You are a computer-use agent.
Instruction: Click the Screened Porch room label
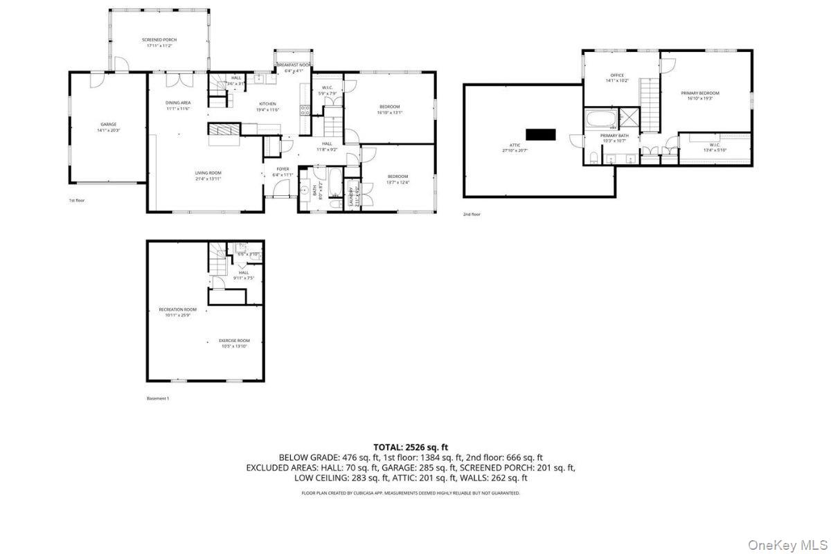159,40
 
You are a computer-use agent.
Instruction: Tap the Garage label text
108,125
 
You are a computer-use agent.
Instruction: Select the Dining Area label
178,102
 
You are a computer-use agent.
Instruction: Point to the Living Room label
208,173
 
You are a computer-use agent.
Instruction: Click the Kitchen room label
267,104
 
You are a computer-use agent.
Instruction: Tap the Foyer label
283,169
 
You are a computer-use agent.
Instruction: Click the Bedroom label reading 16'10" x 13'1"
389,107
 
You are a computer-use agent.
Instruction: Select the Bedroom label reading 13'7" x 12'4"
397,177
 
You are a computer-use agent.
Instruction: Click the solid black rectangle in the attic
541,134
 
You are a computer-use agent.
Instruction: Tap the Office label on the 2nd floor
617,75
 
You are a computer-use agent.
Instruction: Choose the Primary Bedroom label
700,93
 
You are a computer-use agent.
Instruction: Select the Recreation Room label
178,310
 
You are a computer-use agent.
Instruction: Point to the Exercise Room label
234,341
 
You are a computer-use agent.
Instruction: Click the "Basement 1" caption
158,399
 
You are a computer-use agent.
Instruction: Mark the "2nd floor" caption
472,215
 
